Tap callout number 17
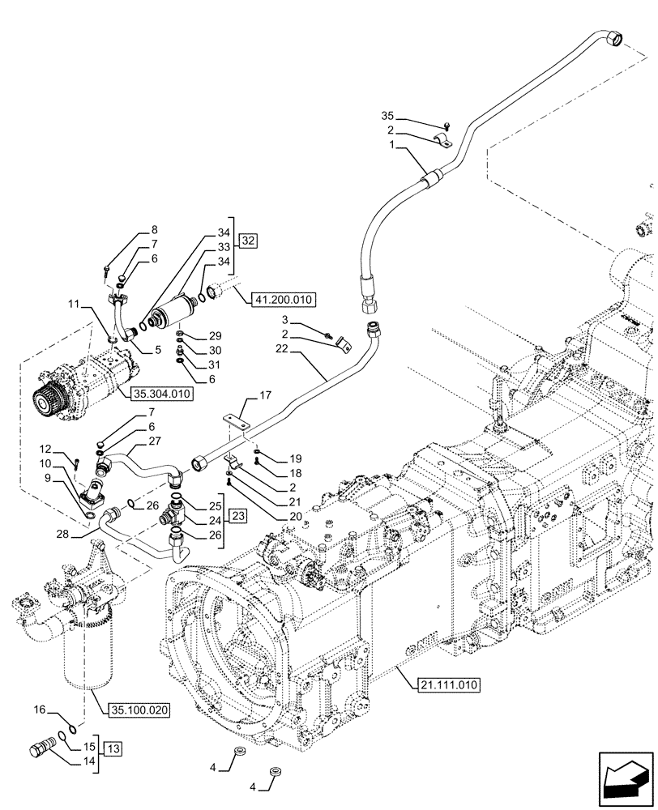click(265, 396)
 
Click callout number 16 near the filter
click(40, 709)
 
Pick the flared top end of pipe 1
click(617, 37)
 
